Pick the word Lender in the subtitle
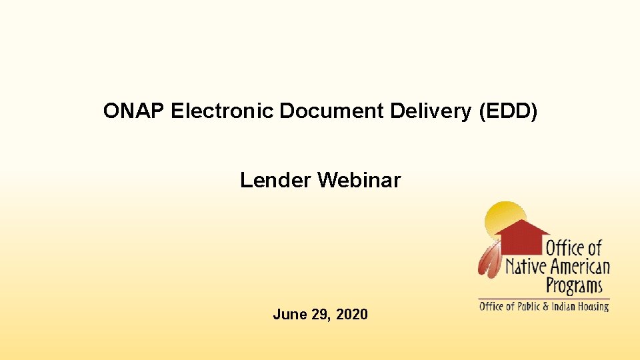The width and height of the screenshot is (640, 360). [276, 180]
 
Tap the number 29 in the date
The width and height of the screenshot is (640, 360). [319, 314]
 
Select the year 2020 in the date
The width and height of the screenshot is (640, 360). [352, 314]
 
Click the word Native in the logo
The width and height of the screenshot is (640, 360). [526, 268]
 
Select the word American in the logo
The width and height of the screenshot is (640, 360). [579, 268]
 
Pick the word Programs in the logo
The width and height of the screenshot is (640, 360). [574, 287]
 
